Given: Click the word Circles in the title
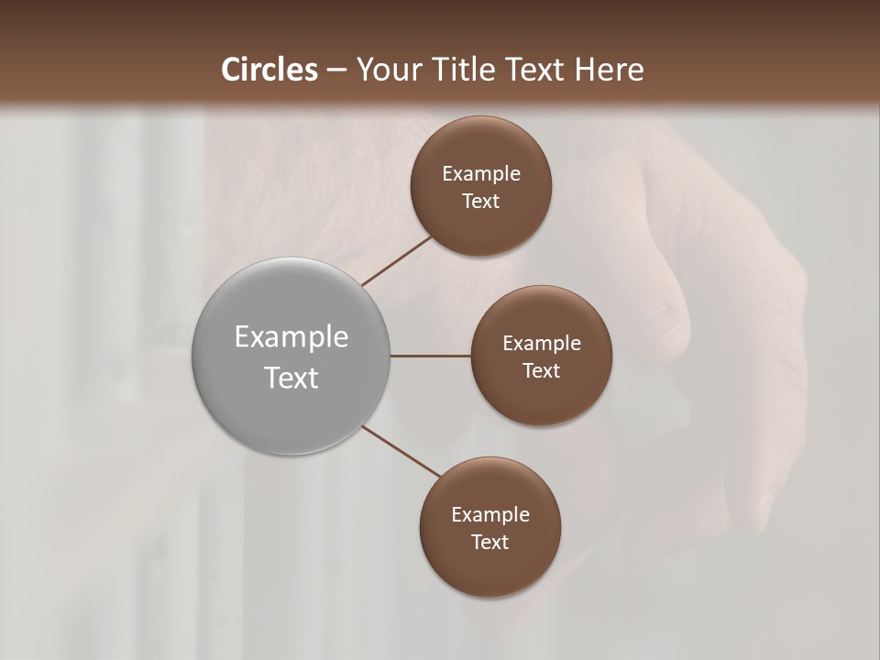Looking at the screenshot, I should point(269,70).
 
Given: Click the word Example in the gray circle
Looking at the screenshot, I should point(291,337).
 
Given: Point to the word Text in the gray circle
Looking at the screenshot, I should point(291,378).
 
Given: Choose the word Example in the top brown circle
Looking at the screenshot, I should point(481,174).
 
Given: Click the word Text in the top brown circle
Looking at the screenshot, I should point(481,202).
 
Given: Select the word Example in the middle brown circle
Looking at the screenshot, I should point(542,344).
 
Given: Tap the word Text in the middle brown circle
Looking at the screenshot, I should point(542,371).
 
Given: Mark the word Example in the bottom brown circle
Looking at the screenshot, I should point(490,515).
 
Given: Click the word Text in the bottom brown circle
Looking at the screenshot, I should point(490,543).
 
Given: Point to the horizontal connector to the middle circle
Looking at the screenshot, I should point(431,356).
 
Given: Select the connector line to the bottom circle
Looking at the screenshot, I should point(401,451).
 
